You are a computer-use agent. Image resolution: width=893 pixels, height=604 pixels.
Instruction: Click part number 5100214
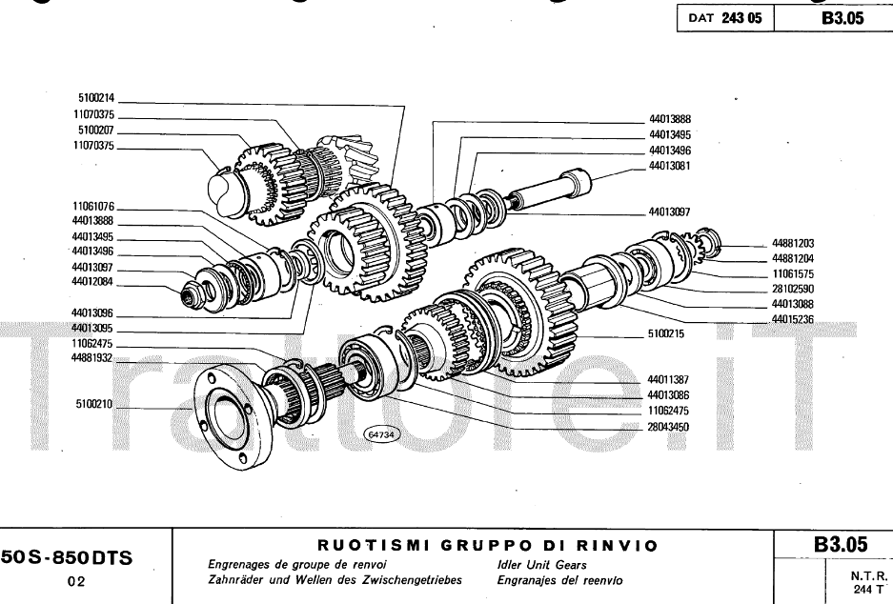point(95,97)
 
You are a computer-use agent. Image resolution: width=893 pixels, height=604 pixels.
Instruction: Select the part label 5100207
point(95,130)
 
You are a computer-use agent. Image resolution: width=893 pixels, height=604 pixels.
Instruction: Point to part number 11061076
point(92,206)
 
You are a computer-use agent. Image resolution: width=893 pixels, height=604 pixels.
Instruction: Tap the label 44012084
point(92,282)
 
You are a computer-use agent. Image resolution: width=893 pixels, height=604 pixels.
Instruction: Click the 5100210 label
point(95,404)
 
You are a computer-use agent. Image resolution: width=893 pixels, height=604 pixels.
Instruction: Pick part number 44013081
point(669,166)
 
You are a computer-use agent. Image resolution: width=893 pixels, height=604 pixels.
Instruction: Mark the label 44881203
point(794,243)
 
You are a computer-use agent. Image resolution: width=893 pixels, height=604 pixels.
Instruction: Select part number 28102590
point(794,289)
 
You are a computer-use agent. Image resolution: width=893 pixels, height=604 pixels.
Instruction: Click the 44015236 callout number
point(794,319)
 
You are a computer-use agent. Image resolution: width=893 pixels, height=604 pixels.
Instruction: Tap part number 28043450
point(668,427)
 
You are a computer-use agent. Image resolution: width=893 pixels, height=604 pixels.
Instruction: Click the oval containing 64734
point(381,434)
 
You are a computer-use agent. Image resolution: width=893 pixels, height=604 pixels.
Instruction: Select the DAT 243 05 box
point(724,17)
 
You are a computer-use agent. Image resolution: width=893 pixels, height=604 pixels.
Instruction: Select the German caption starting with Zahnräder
point(335,580)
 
